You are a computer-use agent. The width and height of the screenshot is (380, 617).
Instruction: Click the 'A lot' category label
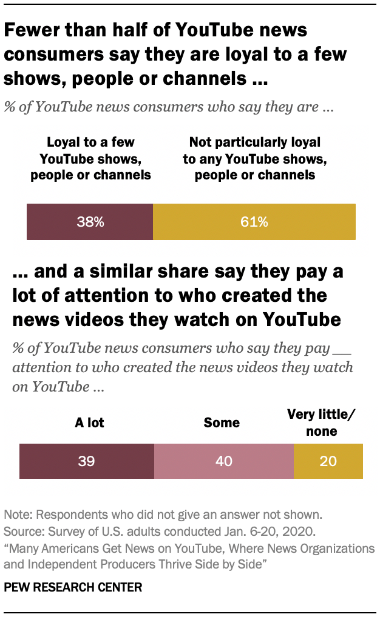89,422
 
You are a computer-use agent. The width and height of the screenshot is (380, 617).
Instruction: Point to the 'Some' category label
222,422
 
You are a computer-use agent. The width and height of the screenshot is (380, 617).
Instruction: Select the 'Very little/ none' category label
322,423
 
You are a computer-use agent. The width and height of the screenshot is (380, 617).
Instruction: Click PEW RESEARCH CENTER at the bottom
73,587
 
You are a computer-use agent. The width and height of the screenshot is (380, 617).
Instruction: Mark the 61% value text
254,222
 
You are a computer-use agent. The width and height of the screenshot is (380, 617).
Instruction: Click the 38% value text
90,222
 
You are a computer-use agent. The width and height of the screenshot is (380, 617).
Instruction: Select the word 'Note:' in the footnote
19,515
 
